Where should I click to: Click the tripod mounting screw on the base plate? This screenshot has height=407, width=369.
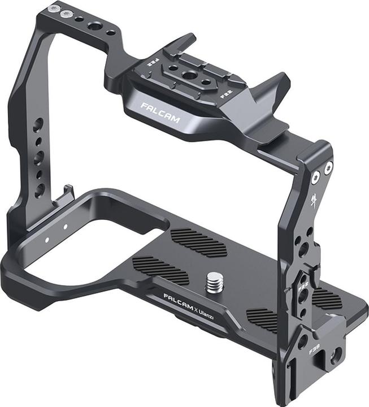point(214,282)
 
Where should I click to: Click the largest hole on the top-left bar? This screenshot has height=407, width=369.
point(95,25)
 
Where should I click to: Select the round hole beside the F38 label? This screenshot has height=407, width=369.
point(336,355)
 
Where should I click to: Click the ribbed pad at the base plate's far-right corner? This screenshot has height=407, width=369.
point(328,298)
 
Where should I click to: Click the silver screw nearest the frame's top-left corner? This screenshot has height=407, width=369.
point(54,9)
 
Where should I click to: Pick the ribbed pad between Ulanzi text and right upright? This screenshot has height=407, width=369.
point(263,319)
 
